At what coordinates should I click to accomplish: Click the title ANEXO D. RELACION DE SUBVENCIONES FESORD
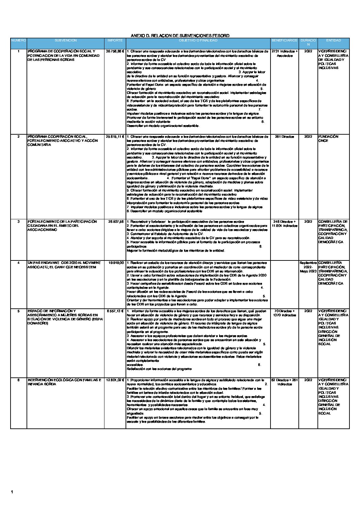pos(180,35)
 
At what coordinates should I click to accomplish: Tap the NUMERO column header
pos(18,40)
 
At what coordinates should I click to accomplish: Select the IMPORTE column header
pos(115,40)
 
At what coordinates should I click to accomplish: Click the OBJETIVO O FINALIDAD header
pos(198,40)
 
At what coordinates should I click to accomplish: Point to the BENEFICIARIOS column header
pos(284,40)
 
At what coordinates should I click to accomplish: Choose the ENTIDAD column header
pos(333,40)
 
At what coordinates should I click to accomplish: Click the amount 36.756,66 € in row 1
pos(115,51)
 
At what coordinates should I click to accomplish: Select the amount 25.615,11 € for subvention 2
pos(115,137)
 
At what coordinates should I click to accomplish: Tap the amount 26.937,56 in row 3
pos(116,222)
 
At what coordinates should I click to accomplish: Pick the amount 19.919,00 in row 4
pos(116,263)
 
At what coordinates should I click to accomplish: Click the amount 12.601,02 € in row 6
pos(115,380)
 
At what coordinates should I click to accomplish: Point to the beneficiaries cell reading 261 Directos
pos(284,137)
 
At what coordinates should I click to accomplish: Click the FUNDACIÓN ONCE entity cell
pos(328,139)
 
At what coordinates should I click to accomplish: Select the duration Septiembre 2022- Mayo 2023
pos(308,267)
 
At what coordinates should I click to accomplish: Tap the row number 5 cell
pos(18,311)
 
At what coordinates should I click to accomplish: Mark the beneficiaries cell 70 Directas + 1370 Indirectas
pos(284,313)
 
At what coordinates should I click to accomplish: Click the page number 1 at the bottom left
pos(12,492)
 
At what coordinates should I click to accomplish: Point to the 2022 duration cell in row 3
pos(308,222)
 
